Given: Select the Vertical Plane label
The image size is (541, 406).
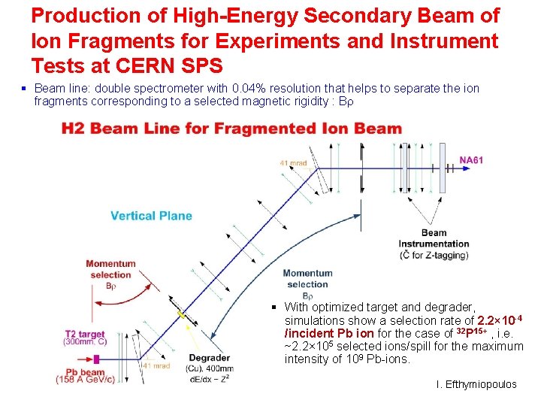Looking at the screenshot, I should click(x=151, y=216).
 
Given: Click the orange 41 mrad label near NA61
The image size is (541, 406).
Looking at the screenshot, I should click(x=295, y=162).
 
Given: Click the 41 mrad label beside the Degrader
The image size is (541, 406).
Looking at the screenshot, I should click(x=156, y=366).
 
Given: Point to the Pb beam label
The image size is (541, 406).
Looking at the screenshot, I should click(x=85, y=371).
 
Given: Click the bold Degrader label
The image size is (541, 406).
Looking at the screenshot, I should click(x=209, y=358).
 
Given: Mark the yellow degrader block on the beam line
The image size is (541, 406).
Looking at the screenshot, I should click(x=180, y=313).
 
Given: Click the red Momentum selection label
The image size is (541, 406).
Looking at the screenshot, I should click(x=110, y=268).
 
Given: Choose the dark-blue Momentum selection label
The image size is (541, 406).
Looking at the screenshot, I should click(x=307, y=278).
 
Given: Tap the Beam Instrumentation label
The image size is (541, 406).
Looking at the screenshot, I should click(x=434, y=238).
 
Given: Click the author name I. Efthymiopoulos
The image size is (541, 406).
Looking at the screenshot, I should click(x=476, y=384).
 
